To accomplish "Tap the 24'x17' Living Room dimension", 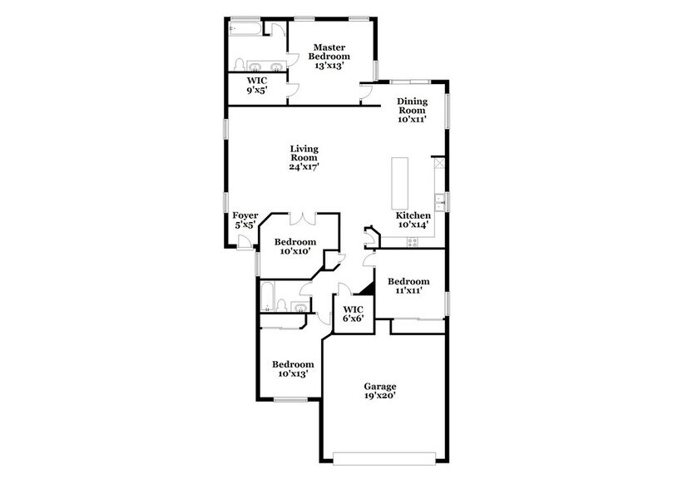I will tap(304, 166).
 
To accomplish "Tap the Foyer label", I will tap(245, 220).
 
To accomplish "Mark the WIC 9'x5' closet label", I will tap(255, 86).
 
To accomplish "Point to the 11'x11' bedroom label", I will tap(408, 286).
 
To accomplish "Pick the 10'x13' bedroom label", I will tap(294, 369).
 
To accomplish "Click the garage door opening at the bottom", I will tap(383, 458).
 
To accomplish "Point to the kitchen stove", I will tap(412, 241).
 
